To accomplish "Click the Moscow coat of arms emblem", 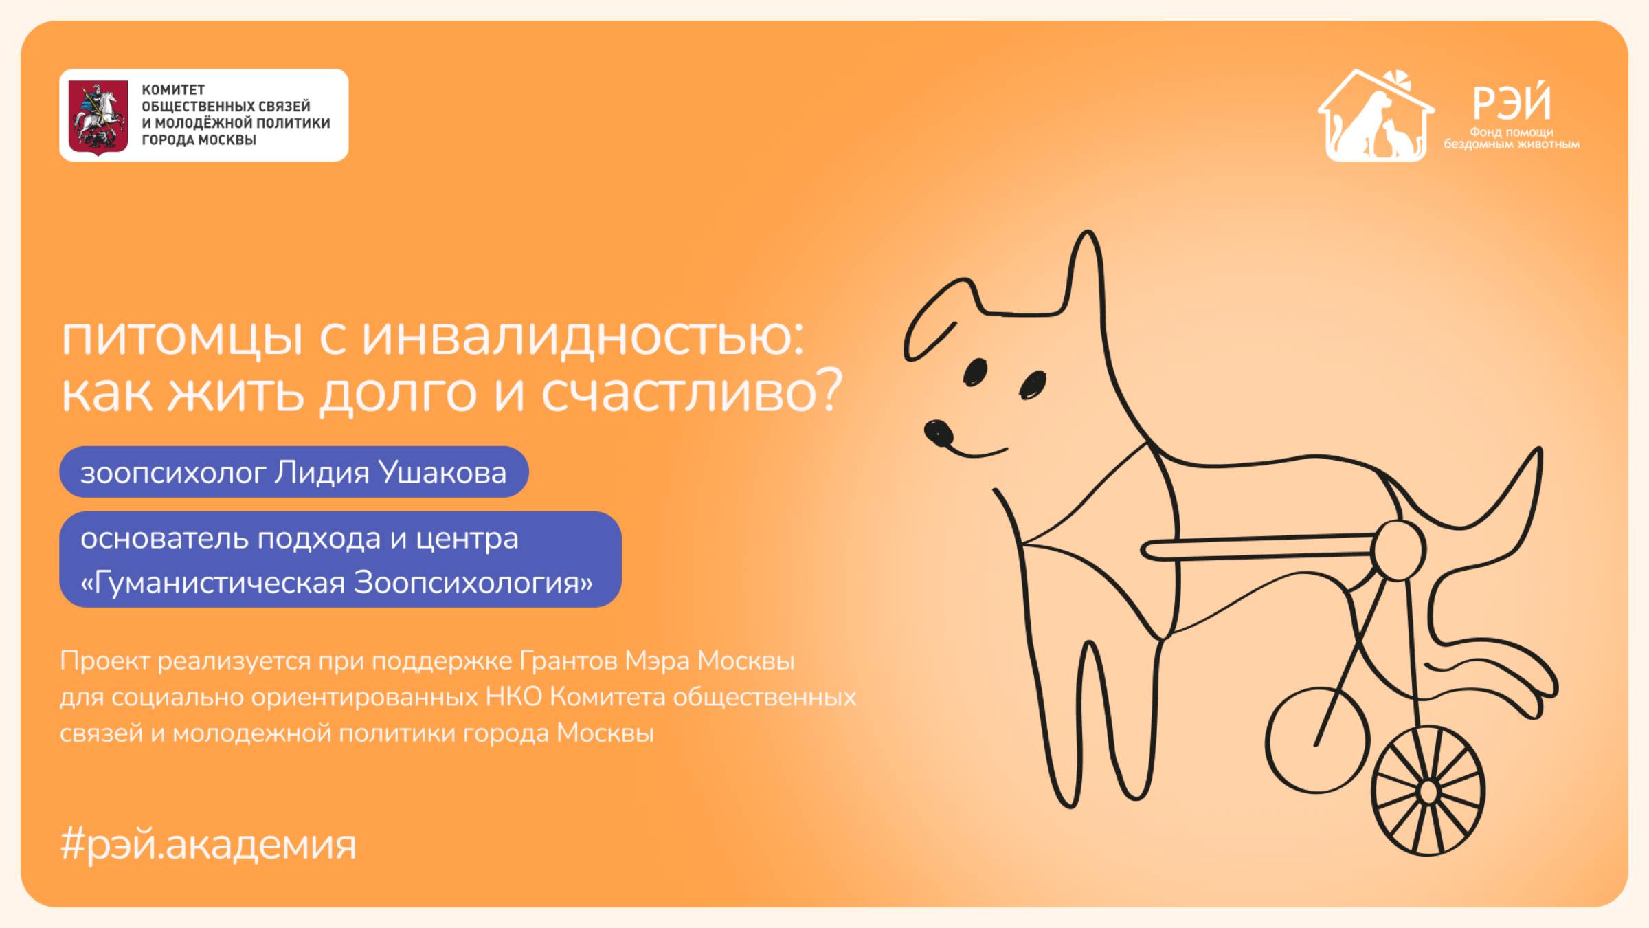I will (x=98, y=116).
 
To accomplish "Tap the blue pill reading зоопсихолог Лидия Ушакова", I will (x=294, y=472).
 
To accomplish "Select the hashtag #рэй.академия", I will (x=208, y=844).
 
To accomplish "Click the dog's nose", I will (x=938, y=433).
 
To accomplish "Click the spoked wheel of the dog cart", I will (x=1428, y=791).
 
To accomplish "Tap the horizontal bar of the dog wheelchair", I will (x=1257, y=547).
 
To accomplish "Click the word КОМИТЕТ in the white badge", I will (x=173, y=90).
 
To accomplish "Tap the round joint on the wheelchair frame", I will (x=1398, y=550).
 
